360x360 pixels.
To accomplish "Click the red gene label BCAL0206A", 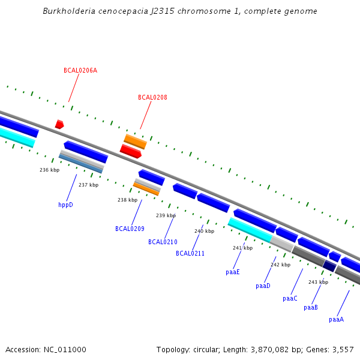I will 80,70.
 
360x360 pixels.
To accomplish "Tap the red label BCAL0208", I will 152,97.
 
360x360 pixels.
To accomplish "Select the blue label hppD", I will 65,205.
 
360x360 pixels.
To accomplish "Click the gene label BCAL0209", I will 130,229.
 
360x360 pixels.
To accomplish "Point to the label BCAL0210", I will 163,242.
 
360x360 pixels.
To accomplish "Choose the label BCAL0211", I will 190,253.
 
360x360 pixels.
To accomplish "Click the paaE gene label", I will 233,272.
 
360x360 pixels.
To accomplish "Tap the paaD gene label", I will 263,286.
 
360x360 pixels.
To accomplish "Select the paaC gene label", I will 290,298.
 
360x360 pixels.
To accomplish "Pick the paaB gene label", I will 311,307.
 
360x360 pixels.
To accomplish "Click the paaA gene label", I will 336,319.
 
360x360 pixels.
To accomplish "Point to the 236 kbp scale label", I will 49,170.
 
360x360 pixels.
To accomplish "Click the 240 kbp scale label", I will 204,231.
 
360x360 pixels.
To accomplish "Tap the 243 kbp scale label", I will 318,282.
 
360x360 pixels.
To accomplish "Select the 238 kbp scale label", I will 127,200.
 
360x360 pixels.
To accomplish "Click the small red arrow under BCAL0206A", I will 59,124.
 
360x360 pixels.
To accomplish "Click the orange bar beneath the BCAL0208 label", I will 135,142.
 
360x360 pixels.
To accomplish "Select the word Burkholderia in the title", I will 68,11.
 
